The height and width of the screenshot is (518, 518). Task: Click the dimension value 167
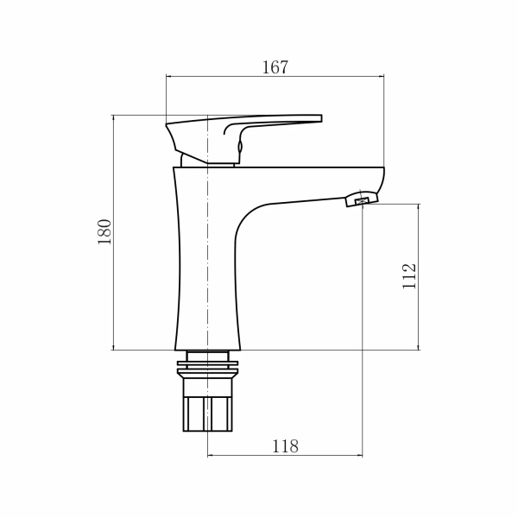click(275, 67)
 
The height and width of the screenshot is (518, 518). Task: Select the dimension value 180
click(104, 231)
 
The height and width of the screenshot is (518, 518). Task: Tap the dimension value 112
click(410, 275)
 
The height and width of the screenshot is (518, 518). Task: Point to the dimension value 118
click(285, 446)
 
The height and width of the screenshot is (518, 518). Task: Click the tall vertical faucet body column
click(207, 259)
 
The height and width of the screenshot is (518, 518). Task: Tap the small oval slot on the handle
click(240, 148)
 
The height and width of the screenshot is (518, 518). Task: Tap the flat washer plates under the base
click(208, 368)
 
